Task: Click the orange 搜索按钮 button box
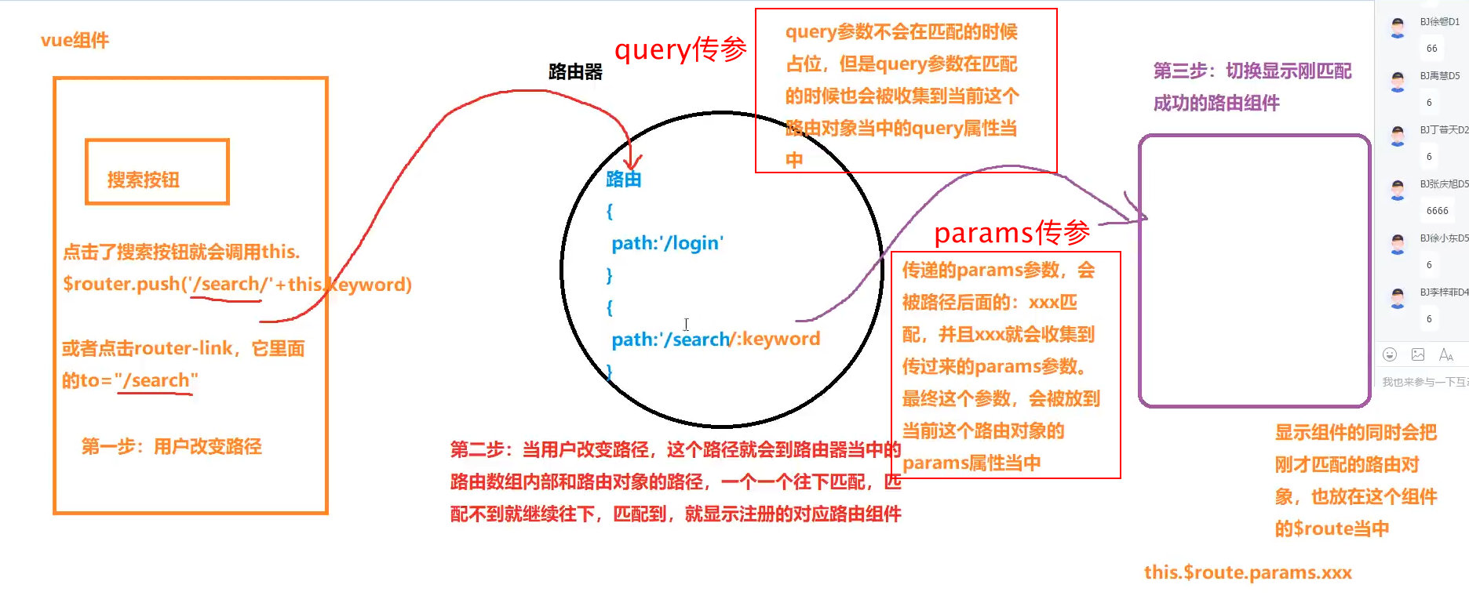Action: click(x=157, y=172)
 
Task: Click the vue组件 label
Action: click(x=75, y=40)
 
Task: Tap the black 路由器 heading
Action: click(x=575, y=71)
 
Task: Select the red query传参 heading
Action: click(x=680, y=49)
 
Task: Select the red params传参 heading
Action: click(x=1012, y=232)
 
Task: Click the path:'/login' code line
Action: click(x=667, y=243)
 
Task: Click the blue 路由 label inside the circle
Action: click(x=624, y=180)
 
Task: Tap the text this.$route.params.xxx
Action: click(x=1248, y=572)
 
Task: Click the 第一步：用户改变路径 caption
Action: click(x=172, y=447)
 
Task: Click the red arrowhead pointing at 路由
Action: click(x=632, y=160)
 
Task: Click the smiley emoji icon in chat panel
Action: click(x=1390, y=354)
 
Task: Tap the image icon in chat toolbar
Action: click(x=1418, y=354)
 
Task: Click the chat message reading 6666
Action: click(x=1437, y=211)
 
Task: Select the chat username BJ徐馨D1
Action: click(x=1439, y=22)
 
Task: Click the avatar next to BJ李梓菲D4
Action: click(x=1398, y=297)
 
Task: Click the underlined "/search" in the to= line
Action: click(x=156, y=380)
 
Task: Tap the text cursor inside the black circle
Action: click(x=686, y=324)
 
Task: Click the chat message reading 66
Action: click(x=1431, y=49)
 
